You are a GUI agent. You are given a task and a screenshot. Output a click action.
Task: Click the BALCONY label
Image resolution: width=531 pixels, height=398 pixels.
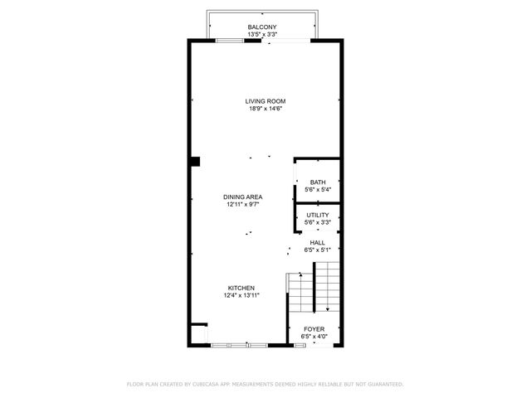point(262,27)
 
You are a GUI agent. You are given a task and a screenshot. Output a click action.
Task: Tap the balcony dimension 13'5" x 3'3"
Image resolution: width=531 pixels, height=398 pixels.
point(262,35)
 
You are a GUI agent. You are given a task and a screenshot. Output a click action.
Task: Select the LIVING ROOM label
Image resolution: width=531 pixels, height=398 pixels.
point(265,101)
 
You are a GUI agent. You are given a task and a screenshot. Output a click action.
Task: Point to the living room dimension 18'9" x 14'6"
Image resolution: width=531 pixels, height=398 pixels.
point(265,109)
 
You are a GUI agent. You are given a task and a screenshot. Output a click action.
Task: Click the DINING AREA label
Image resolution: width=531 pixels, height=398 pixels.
point(243,197)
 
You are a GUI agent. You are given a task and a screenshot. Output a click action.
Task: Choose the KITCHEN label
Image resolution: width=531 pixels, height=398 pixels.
point(242,288)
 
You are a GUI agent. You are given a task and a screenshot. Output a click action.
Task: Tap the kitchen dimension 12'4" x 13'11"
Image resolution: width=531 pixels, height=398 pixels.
point(242,295)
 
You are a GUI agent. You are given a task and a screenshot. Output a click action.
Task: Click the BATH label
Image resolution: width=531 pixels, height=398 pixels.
point(317,182)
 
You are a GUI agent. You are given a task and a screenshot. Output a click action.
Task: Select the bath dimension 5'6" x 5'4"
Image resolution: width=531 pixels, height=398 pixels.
point(317,190)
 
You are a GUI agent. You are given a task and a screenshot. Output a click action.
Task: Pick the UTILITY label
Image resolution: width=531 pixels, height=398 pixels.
point(317,215)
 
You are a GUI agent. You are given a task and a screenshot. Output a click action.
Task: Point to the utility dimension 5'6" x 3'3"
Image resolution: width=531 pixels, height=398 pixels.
point(317,222)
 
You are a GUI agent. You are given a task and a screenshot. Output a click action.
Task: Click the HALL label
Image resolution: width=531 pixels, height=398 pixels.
point(317,242)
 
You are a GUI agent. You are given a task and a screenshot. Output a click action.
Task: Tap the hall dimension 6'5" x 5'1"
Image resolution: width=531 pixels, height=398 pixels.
point(317,250)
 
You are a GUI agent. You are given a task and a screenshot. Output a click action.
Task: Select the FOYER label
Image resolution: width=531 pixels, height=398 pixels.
point(314,329)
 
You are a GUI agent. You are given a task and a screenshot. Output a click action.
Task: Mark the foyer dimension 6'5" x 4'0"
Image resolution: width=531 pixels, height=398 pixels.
point(314,337)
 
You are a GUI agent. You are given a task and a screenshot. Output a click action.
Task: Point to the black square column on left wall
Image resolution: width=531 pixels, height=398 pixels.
point(195,161)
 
